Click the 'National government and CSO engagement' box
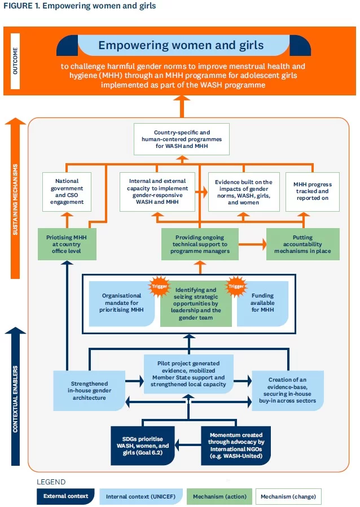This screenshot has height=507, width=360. (67, 192)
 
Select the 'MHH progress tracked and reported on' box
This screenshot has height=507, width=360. (313, 192)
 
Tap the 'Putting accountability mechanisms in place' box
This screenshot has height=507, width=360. (303, 244)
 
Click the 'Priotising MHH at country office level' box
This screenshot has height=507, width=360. (67, 244)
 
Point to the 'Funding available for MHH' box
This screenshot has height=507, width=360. (262, 303)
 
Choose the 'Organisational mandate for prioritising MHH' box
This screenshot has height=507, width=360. (121, 303)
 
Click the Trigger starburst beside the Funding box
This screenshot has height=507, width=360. (236, 286)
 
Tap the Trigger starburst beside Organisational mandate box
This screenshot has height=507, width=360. (159, 286)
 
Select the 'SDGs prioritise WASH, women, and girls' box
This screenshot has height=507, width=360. (143, 445)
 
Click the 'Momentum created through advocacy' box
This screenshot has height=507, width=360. (236, 445)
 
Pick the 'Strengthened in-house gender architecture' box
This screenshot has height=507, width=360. (89, 391)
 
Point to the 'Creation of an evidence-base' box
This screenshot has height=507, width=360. (288, 391)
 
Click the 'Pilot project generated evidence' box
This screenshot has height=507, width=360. (188, 374)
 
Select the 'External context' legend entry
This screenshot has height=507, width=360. (65, 496)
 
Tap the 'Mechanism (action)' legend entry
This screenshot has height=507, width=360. (219, 496)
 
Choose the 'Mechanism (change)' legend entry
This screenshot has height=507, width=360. (288, 496)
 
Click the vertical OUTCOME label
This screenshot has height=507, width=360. (15, 61)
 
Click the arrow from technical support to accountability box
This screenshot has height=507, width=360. (252, 244)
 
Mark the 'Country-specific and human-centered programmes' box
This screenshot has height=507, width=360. (182, 139)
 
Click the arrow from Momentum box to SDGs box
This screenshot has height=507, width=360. (188, 445)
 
